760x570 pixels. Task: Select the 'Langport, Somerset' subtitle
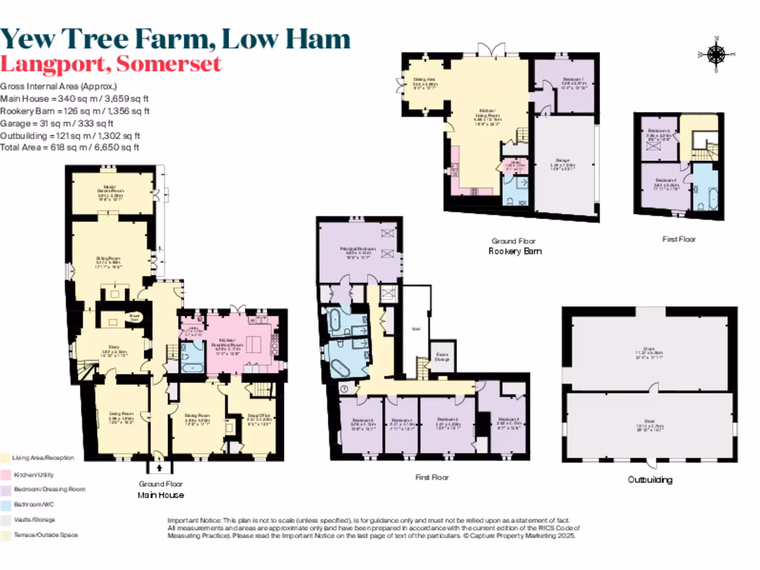(x=111, y=64)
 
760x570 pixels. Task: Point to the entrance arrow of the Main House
(x=159, y=468)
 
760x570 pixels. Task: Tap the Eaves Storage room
(x=443, y=357)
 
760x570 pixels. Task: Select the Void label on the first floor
(x=417, y=330)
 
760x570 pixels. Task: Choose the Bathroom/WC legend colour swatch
(x=5, y=505)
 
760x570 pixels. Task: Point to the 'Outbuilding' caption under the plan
(x=650, y=479)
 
